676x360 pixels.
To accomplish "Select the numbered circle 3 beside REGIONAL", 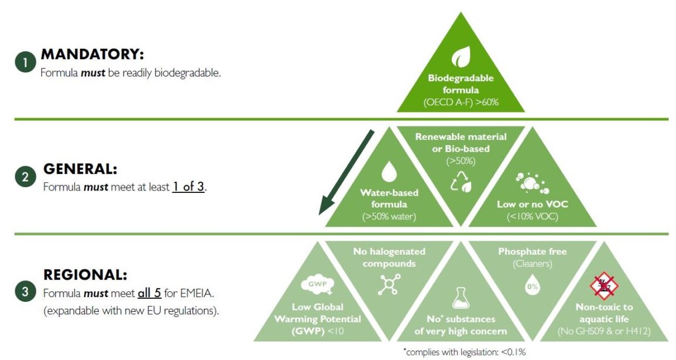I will pyautogui.click(x=25, y=292).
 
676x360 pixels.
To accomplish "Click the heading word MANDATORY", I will pyautogui.click(x=92, y=55).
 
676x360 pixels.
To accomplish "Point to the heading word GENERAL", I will pyautogui.click(x=80, y=169).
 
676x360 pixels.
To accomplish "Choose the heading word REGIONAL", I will pyautogui.click(x=85, y=275).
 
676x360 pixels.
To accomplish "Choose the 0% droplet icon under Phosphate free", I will pyautogui.click(x=532, y=286).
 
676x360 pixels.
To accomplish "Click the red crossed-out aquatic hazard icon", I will pyautogui.click(x=604, y=286).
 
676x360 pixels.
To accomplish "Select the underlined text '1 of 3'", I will pyautogui.click(x=188, y=187).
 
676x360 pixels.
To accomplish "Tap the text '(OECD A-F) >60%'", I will pyautogui.click(x=461, y=102).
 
